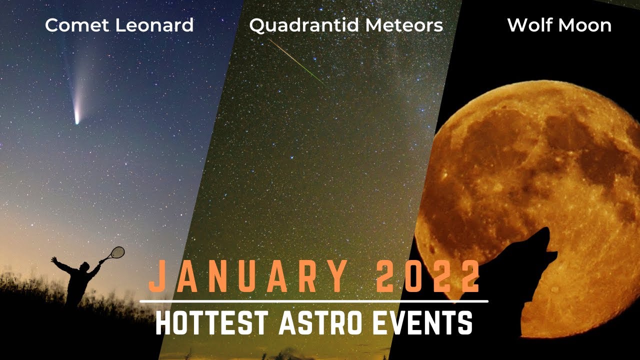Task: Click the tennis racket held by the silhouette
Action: (x=117, y=252)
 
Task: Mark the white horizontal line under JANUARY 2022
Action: (x=313, y=301)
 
